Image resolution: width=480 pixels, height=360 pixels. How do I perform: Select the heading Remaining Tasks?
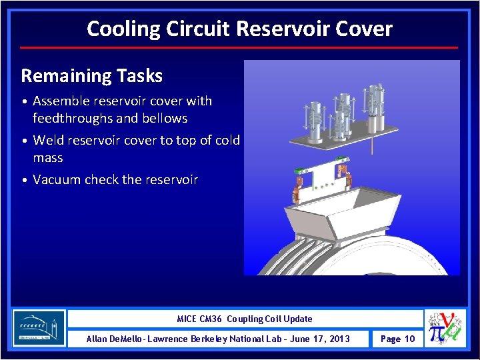click(x=92, y=76)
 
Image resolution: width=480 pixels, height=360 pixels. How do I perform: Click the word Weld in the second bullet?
click(x=49, y=141)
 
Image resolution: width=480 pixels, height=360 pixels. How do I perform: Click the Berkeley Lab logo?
click(x=39, y=328)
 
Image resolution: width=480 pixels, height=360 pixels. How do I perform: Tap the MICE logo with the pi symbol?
click(x=445, y=328)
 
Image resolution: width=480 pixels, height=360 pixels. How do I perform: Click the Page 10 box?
click(x=397, y=339)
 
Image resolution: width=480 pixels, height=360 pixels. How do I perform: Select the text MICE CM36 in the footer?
click(x=200, y=319)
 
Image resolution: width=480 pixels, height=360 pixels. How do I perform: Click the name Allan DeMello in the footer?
click(x=115, y=339)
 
